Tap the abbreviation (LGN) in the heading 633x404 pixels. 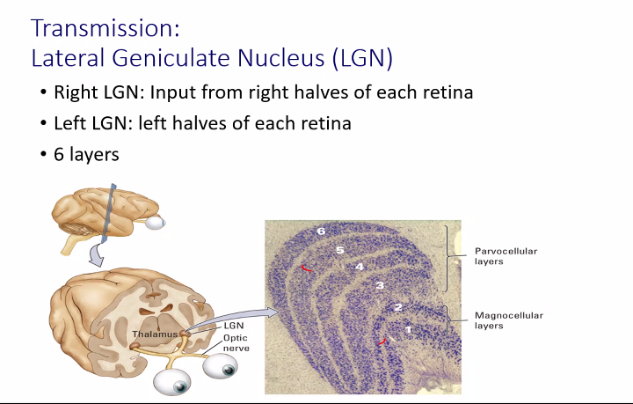pyautogui.click(x=362, y=58)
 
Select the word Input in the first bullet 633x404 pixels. pyautogui.click(x=172, y=93)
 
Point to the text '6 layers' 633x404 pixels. pyautogui.click(x=86, y=154)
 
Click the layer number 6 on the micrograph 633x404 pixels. pyautogui.click(x=321, y=231)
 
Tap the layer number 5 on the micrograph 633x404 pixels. pyautogui.click(x=340, y=251)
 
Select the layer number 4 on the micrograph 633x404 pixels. pyautogui.click(x=359, y=267)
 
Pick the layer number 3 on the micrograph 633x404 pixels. pyautogui.click(x=380, y=286)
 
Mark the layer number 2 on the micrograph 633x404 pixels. pyautogui.click(x=398, y=307)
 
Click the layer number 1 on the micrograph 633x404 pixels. pyautogui.click(x=408, y=330)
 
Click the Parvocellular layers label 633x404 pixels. pyautogui.click(x=506, y=256)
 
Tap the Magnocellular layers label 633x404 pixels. pyautogui.click(x=509, y=320)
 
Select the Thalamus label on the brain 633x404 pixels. pyautogui.click(x=155, y=334)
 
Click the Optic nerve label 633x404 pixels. pyautogui.click(x=236, y=343)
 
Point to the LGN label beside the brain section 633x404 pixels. pyautogui.click(x=234, y=326)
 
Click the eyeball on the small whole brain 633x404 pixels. pyautogui.click(x=155, y=222)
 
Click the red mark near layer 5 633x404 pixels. pyautogui.click(x=307, y=268)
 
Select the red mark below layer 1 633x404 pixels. pyautogui.click(x=382, y=342)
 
